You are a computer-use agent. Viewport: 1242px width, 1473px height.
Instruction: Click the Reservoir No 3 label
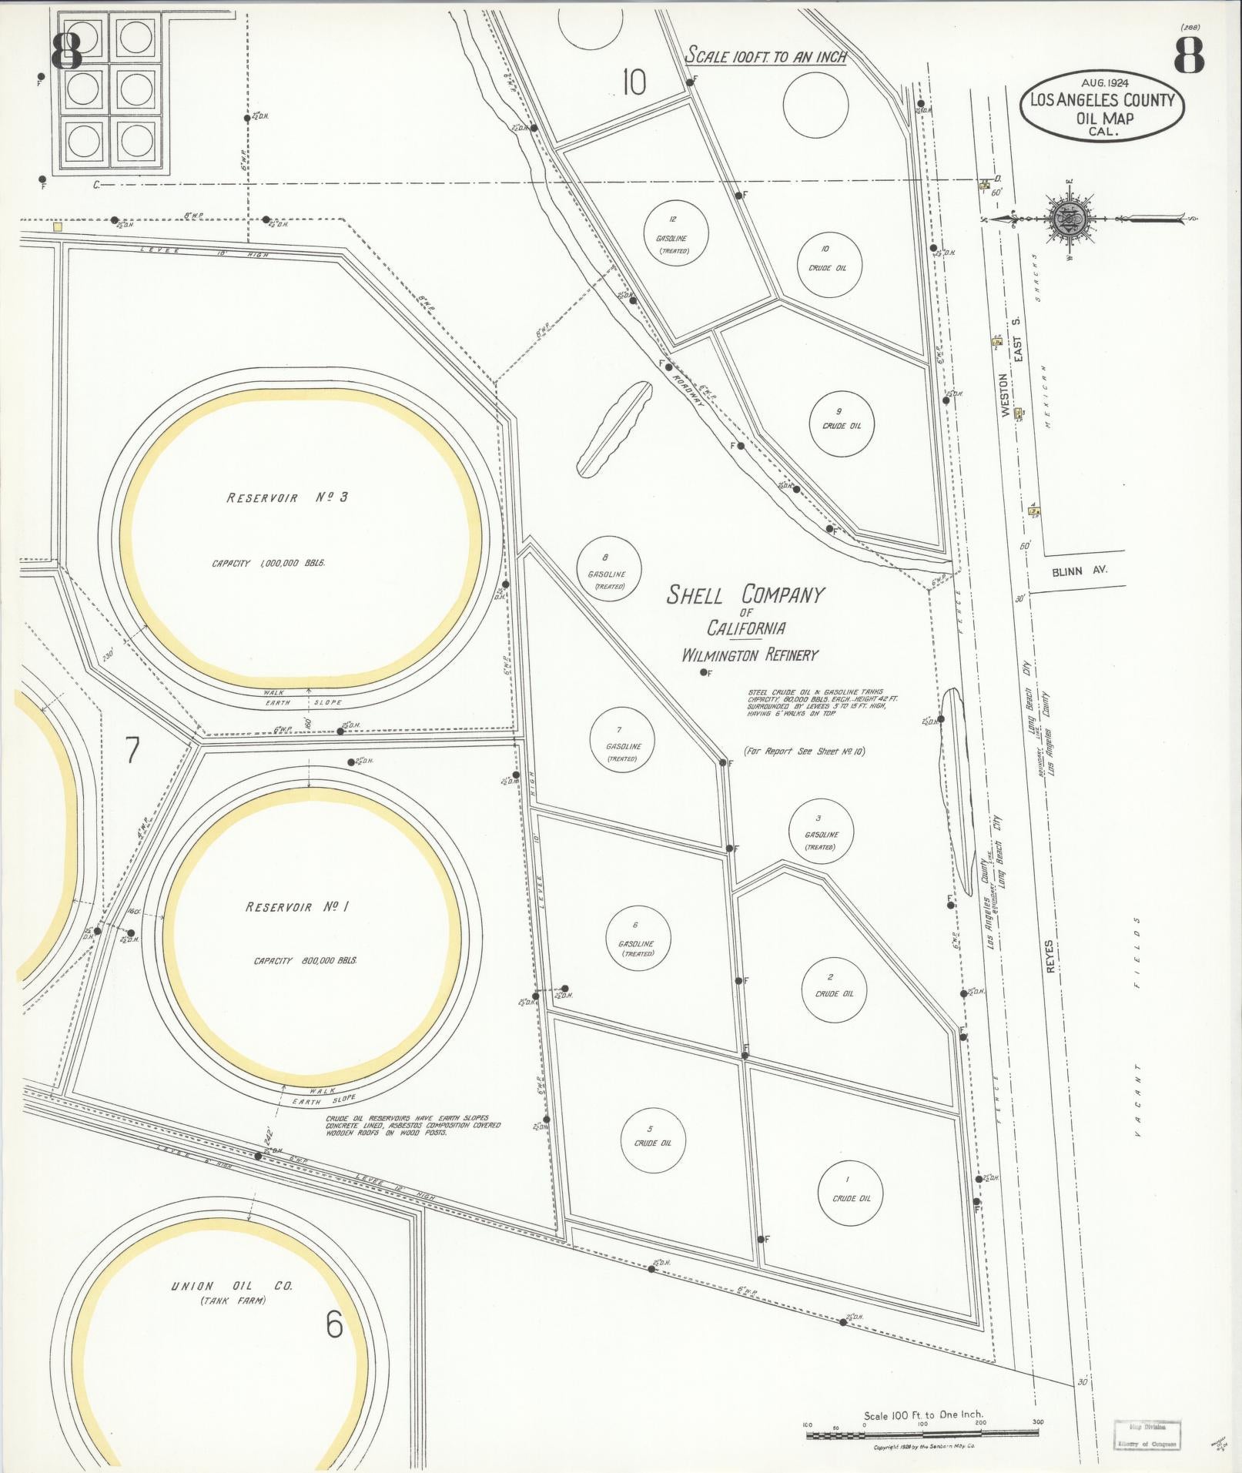pos(287,497)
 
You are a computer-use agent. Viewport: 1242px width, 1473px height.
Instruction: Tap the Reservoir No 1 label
pos(297,907)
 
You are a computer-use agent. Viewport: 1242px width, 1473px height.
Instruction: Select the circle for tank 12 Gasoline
pos(675,232)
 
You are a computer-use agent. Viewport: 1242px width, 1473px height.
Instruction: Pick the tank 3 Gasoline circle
pos(822,831)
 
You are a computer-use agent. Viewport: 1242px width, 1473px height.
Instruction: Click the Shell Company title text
pos(745,596)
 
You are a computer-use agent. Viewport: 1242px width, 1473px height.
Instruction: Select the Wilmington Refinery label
pos(749,655)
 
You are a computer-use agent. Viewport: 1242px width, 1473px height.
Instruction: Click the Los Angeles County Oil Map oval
pos(1102,107)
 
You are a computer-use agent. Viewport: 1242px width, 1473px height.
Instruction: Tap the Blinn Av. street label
pos(1079,571)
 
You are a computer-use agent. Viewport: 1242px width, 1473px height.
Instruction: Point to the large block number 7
pos(132,750)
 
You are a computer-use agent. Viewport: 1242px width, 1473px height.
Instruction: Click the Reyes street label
pos(1050,956)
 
